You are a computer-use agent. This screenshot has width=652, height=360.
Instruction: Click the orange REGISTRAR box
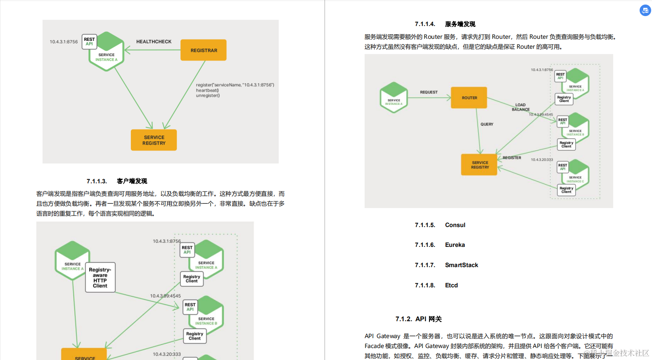tap(204, 50)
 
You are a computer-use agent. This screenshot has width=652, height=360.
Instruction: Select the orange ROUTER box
tap(469, 98)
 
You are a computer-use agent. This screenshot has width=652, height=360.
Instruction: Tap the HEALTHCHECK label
tap(154, 42)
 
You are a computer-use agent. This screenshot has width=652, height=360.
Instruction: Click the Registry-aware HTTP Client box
tap(100, 277)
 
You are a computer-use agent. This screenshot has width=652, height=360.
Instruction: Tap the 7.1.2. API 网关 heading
tap(418, 319)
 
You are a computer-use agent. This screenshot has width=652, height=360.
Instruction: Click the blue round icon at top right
tap(645, 10)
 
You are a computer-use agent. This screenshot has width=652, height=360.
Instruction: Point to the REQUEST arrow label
tap(429, 92)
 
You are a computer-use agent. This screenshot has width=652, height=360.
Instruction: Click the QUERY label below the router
tap(487, 124)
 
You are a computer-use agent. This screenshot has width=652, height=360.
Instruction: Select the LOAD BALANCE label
tap(521, 107)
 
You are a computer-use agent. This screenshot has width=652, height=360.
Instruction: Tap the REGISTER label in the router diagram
tap(512, 158)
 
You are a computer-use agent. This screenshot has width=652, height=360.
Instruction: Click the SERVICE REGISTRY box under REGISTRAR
tap(154, 140)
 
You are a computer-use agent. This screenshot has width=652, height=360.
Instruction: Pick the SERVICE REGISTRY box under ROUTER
tap(479, 165)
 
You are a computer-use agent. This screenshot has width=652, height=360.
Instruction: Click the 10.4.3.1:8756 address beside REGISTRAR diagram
tap(64, 42)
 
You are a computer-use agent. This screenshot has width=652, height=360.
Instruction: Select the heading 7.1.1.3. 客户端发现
tap(117, 181)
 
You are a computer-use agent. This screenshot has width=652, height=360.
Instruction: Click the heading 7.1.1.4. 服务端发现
tap(445, 24)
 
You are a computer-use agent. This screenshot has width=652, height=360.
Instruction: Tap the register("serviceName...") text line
tap(235, 85)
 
